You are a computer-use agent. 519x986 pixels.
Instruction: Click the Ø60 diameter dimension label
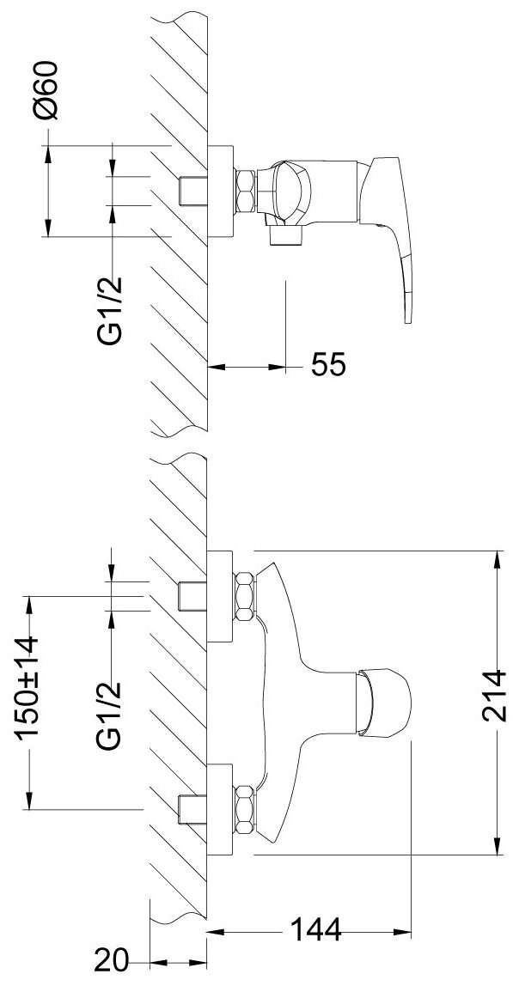(48, 90)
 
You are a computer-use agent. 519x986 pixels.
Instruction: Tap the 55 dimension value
(327, 366)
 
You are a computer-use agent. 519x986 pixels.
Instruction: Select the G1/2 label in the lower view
(109, 715)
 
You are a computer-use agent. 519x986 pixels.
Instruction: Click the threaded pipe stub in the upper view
(193, 192)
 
